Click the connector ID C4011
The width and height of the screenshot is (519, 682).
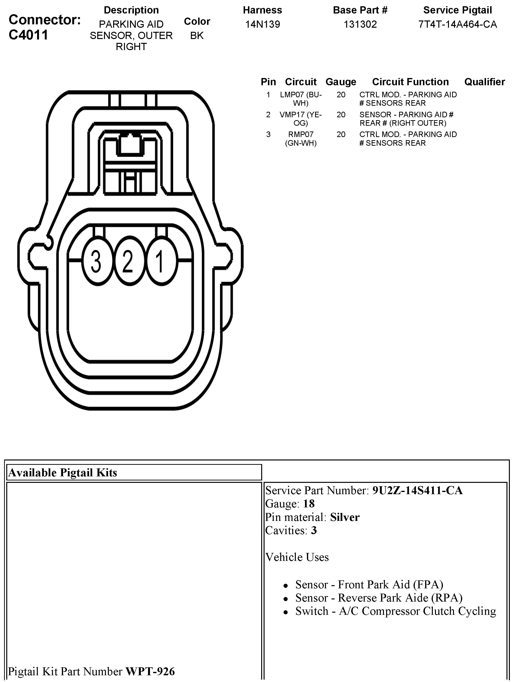[x=28, y=35]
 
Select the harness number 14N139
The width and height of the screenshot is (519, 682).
[x=262, y=24]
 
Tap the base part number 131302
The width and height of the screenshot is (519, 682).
[x=360, y=24]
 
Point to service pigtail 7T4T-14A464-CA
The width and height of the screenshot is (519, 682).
[x=458, y=24]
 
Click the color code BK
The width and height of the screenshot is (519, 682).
[x=197, y=36]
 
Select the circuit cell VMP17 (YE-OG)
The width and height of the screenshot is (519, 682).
[x=301, y=119]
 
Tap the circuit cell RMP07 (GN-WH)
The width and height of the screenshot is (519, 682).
[x=301, y=139]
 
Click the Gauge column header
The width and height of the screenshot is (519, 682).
[x=341, y=82]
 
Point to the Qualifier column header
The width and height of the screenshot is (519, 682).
[x=484, y=82]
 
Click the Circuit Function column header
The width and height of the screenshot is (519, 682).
[x=410, y=82]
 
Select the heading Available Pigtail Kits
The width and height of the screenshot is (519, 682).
[x=63, y=472]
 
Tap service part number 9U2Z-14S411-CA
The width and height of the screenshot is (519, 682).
[x=417, y=490]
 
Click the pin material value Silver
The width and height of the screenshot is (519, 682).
[x=345, y=517]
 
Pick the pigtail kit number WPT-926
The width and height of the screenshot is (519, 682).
[x=150, y=671]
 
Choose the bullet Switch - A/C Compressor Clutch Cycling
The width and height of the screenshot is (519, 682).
[x=396, y=611]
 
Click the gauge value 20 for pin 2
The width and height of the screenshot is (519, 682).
[x=341, y=115]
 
